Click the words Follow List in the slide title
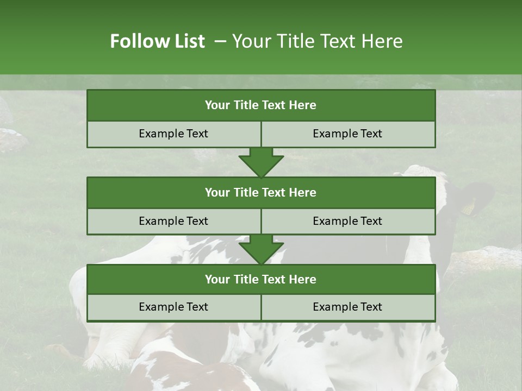(x=158, y=41)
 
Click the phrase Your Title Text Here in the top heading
(x=317, y=41)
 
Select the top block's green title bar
(x=261, y=105)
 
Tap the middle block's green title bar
(x=261, y=192)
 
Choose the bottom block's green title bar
(x=261, y=279)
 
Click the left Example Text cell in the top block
(x=173, y=134)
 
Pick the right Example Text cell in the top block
(x=348, y=134)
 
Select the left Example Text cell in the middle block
(x=173, y=221)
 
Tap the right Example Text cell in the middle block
(x=348, y=221)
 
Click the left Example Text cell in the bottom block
(x=173, y=307)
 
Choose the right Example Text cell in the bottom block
(x=348, y=307)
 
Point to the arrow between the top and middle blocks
(x=261, y=162)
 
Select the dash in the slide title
(x=220, y=41)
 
